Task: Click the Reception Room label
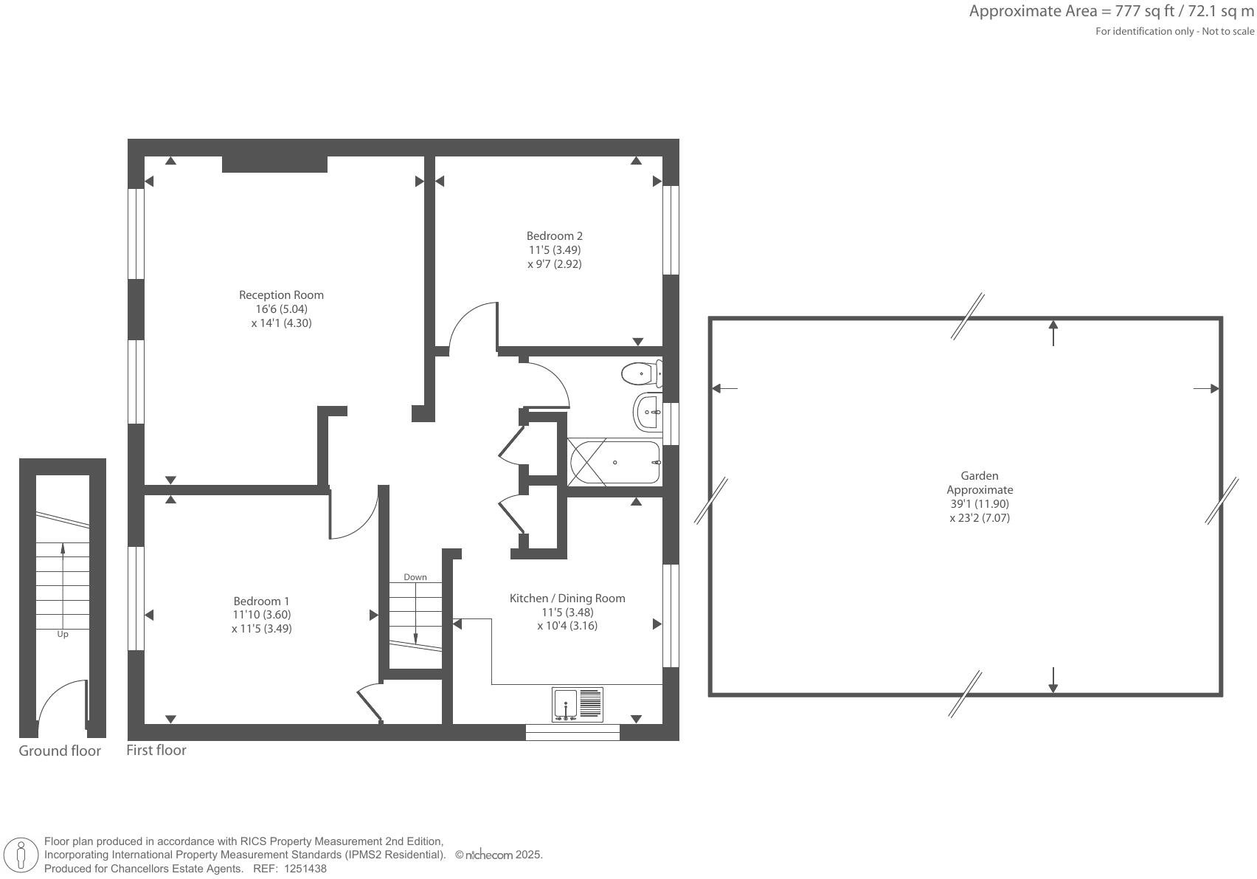tap(281, 295)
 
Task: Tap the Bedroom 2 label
tap(554, 236)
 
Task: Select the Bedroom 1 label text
tap(261, 601)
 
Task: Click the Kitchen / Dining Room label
tap(567, 599)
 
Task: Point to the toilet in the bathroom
tap(640, 374)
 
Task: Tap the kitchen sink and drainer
tap(577, 705)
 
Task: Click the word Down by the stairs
tap(415, 577)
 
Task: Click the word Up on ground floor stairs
tap(63, 635)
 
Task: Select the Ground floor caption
tap(60, 751)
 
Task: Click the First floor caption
tap(156, 751)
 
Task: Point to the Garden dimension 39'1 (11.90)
tap(980, 504)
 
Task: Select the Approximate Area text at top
tap(1111, 11)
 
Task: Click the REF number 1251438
tap(305, 869)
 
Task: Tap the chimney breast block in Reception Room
tap(274, 164)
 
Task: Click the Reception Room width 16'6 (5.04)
tap(281, 309)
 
